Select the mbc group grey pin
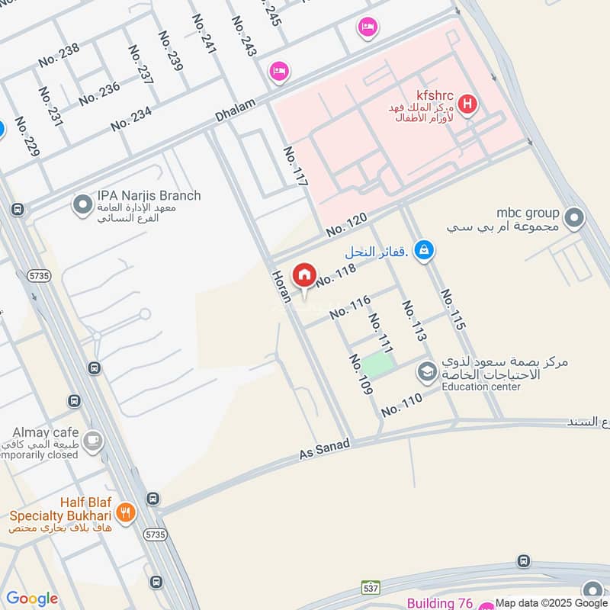click(576, 220)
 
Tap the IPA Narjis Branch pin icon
click(82, 204)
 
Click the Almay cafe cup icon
click(93, 441)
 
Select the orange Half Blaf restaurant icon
click(127, 512)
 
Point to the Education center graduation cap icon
click(425, 372)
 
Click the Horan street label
click(280, 284)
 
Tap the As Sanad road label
click(324, 449)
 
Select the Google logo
click(31, 599)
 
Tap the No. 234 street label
click(131, 120)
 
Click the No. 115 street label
click(452, 309)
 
